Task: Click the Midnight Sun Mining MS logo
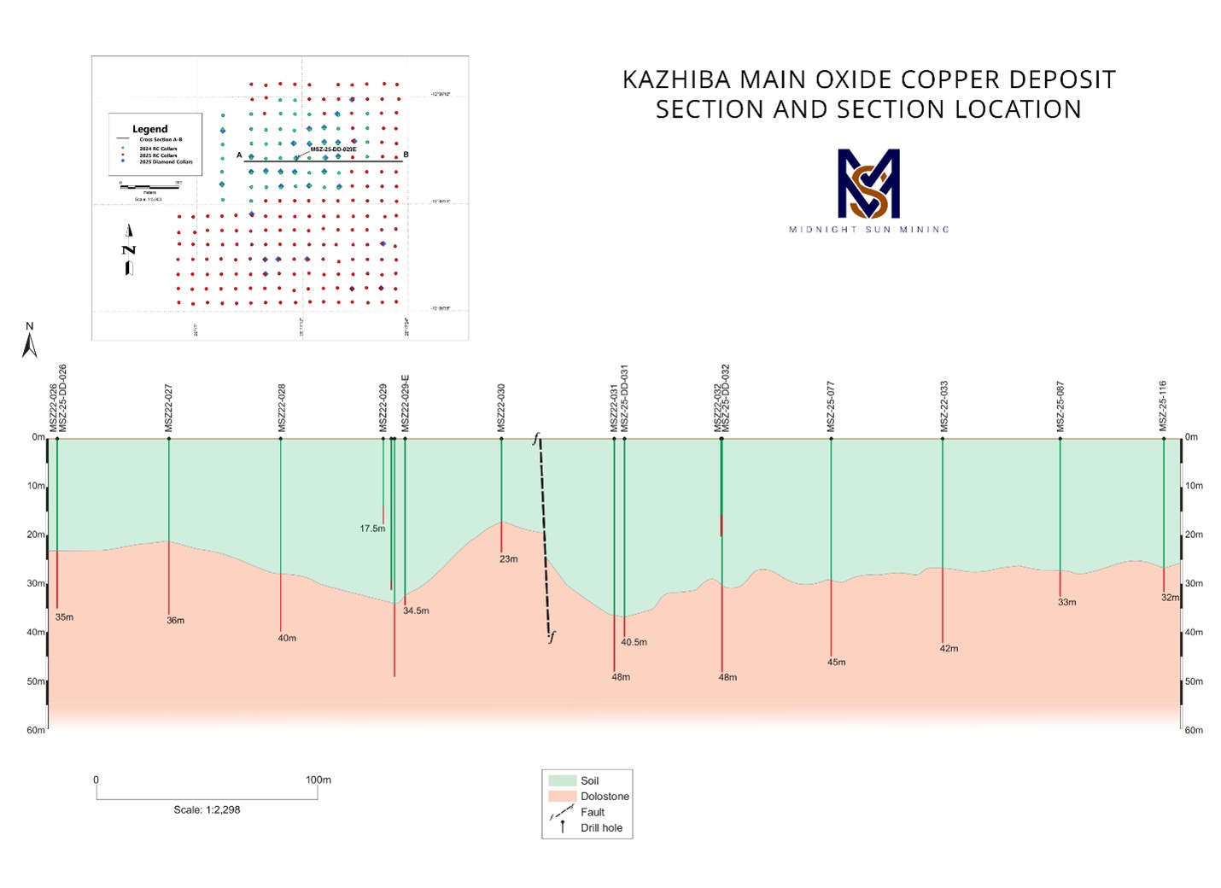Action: (868, 184)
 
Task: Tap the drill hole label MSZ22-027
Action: (169, 407)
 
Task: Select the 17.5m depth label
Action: (372, 529)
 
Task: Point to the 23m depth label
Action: (508, 559)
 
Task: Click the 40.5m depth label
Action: (634, 642)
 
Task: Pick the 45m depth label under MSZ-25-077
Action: (836, 663)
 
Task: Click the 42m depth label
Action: (949, 649)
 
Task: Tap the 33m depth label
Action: (1066, 602)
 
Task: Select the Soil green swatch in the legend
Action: (562, 780)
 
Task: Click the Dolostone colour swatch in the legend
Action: (562, 797)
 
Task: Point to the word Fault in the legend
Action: (593, 812)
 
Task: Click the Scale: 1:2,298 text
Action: (207, 809)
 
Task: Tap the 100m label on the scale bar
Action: (318, 780)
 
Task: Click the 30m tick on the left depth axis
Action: (36, 584)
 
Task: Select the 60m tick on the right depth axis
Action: (1193, 730)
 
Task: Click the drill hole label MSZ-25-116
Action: (1163, 406)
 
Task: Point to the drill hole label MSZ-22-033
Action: (944, 406)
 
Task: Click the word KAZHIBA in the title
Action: (676, 79)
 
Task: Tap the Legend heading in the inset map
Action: (150, 129)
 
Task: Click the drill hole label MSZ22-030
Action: (502, 407)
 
